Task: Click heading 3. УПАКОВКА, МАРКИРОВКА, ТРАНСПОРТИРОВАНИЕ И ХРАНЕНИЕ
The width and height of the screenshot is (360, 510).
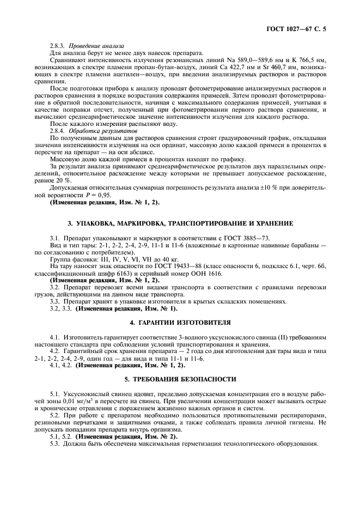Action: click(180, 223)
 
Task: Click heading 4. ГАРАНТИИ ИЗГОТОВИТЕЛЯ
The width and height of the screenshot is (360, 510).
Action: click(180, 322)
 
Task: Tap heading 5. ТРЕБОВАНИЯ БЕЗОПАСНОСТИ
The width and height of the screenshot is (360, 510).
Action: click(180, 378)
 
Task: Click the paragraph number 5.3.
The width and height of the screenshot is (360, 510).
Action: click(55, 444)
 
